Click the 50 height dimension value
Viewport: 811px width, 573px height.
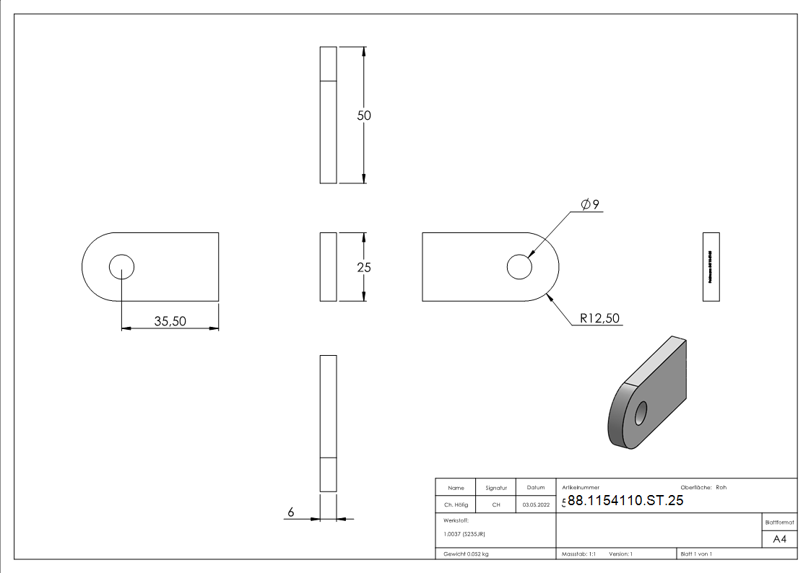(x=364, y=115)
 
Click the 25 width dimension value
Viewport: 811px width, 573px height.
(x=364, y=267)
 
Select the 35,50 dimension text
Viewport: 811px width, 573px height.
(x=170, y=321)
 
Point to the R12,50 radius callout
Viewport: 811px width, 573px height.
(x=599, y=318)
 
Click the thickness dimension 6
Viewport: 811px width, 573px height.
(x=291, y=512)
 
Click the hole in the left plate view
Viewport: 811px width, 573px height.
(x=121, y=267)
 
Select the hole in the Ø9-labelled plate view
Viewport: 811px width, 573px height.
(x=519, y=267)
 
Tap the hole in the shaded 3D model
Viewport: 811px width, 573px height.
(x=640, y=414)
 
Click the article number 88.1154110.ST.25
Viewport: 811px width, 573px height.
(x=625, y=502)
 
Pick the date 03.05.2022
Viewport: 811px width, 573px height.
(x=535, y=505)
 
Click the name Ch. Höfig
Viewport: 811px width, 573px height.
(x=456, y=505)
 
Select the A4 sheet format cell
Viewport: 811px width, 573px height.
(x=779, y=539)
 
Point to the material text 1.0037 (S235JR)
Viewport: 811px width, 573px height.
(x=464, y=534)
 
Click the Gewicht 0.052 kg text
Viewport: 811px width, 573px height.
(x=467, y=554)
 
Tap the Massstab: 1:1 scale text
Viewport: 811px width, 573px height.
(x=578, y=554)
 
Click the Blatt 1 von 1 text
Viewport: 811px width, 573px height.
(x=696, y=554)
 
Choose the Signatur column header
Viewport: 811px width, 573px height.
(x=495, y=488)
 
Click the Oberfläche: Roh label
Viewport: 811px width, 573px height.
(x=703, y=487)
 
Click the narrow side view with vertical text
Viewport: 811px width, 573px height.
(x=711, y=267)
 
